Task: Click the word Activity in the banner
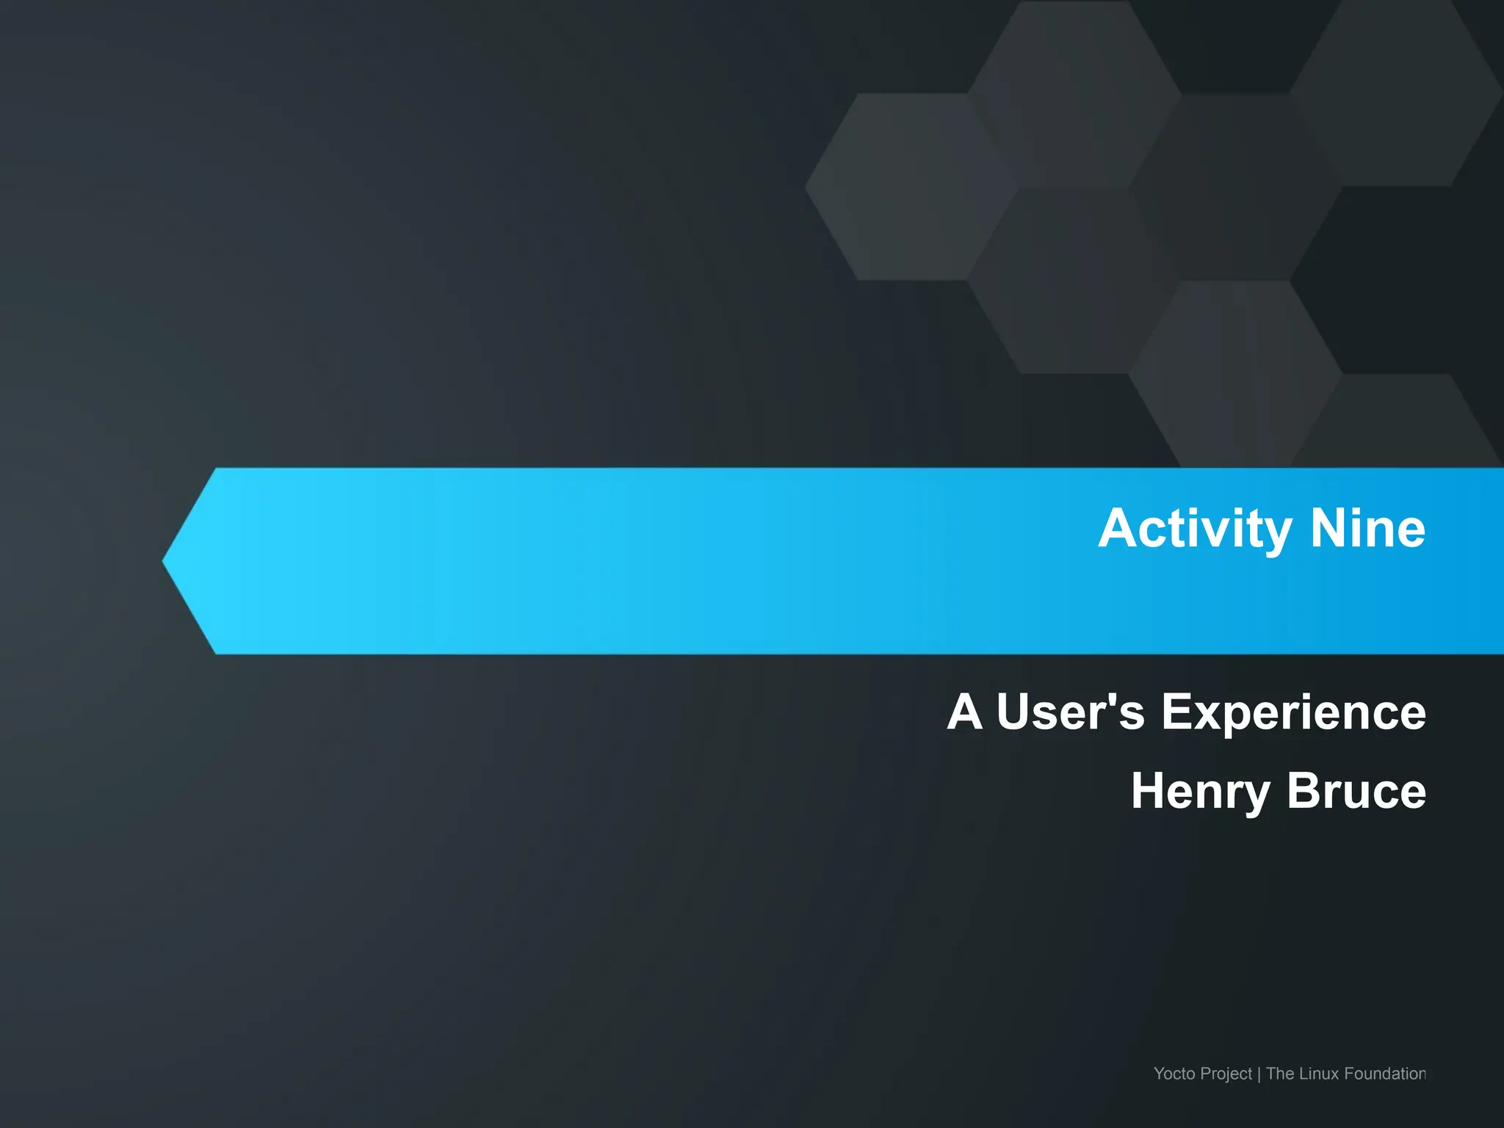(1195, 529)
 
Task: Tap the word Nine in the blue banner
(1367, 528)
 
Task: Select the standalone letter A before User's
(964, 712)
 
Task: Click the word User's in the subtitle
(1070, 712)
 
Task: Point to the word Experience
(1293, 713)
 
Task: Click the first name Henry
(1200, 792)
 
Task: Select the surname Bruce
(1356, 791)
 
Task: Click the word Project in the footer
(1226, 1074)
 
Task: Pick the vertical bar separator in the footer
(1259, 1074)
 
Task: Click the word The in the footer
(1279, 1074)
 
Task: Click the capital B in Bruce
(1304, 791)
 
